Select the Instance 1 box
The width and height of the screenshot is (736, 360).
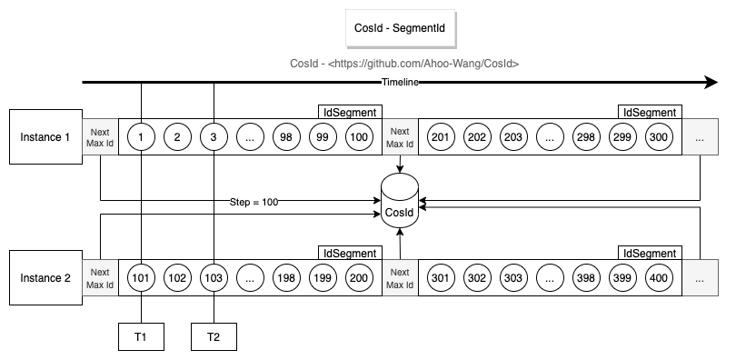45,136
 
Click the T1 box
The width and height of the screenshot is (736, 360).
141,335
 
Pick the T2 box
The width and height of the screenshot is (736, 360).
214,335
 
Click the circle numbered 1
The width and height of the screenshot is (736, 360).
142,137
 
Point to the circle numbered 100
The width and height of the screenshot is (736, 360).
359,137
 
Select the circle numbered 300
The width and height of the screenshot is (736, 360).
659,137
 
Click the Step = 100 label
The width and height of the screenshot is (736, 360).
254,201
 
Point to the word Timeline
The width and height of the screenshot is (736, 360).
401,83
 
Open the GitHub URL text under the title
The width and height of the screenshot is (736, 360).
403,64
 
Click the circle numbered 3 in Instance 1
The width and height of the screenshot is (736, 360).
214,137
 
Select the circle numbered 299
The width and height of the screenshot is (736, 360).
622,137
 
